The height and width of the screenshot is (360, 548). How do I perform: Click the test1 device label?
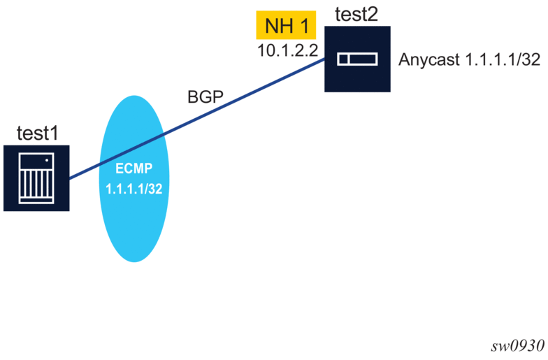pyautogui.click(x=36, y=133)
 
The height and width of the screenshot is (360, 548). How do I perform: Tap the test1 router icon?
pyautogui.click(x=36, y=178)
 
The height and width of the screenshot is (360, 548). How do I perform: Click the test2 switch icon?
pyautogui.click(x=357, y=59)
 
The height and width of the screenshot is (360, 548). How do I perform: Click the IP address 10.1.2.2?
pyautogui.click(x=287, y=50)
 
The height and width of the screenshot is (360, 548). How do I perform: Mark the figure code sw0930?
pyautogui.click(x=521, y=348)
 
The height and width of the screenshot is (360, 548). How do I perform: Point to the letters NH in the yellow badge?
pyautogui.click(x=278, y=27)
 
